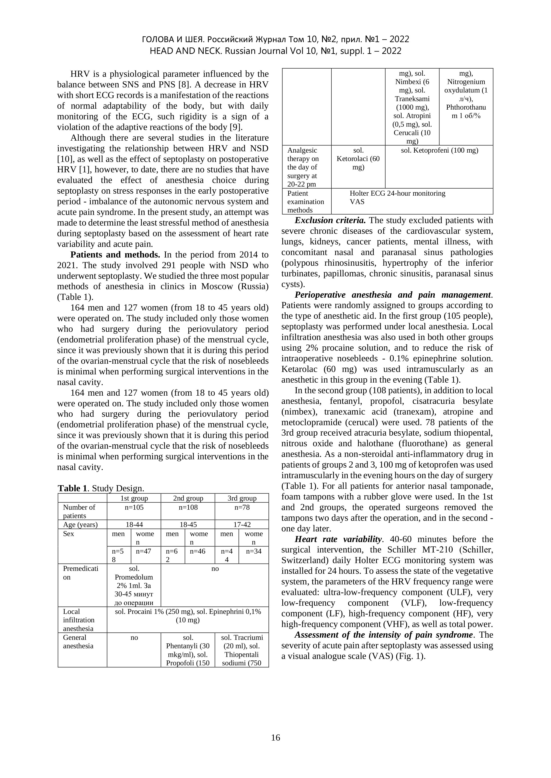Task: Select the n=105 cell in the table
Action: coord(134,507)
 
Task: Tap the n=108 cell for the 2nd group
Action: coord(188,507)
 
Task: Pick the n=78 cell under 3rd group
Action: coord(242,507)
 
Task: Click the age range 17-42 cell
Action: coord(242,525)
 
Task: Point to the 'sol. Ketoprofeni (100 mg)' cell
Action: coord(439,150)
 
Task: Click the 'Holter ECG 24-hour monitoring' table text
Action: coord(397,193)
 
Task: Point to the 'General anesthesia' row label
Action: coord(78,641)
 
